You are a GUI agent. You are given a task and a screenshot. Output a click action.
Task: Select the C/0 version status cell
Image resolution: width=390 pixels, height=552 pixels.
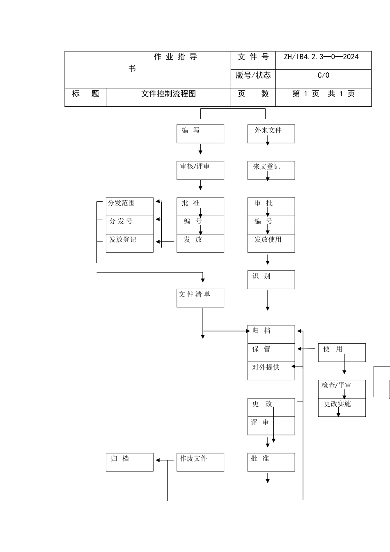click(323, 76)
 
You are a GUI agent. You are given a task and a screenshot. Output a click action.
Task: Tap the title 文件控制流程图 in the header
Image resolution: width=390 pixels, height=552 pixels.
click(168, 94)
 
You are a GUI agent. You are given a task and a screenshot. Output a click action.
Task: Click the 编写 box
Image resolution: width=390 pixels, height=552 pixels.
click(200, 134)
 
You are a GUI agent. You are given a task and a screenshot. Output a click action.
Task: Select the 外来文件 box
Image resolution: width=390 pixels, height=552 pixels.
click(271, 134)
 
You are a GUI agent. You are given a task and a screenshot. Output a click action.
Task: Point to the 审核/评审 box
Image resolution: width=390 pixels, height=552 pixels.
click(200, 170)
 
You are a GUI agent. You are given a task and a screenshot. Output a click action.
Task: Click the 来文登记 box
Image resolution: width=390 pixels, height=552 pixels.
click(271, 170)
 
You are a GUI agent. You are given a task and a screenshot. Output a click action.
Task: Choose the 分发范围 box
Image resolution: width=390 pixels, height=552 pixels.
click(129, 207)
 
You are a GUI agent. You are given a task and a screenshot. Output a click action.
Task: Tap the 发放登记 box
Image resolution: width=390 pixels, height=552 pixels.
click(129, 243)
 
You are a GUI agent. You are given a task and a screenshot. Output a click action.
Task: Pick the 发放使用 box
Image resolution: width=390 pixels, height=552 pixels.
click(271, 243)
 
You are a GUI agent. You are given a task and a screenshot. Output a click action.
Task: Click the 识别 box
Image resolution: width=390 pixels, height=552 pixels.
click(271, 279)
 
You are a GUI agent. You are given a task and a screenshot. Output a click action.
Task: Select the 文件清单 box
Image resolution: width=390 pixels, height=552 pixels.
click(200, 298)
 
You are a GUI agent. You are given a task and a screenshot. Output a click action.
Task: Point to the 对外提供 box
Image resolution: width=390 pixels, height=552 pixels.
click(271, 370)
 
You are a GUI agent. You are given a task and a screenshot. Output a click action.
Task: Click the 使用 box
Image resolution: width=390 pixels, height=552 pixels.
click(342, 352)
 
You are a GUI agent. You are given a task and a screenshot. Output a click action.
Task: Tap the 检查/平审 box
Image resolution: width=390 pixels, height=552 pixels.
click(342, 389)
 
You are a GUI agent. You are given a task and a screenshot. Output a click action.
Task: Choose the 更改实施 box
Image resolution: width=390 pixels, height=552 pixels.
click(342, 407)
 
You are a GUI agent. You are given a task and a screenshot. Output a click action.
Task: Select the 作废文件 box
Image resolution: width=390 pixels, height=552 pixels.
click(200, 462)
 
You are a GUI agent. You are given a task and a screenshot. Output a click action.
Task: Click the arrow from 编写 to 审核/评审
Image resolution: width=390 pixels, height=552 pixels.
click(201, 149)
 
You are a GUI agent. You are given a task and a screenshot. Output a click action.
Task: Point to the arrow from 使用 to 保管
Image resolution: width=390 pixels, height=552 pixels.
click(307, 349)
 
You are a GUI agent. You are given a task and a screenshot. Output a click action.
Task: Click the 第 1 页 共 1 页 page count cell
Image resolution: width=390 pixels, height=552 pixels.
click(323, 94)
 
